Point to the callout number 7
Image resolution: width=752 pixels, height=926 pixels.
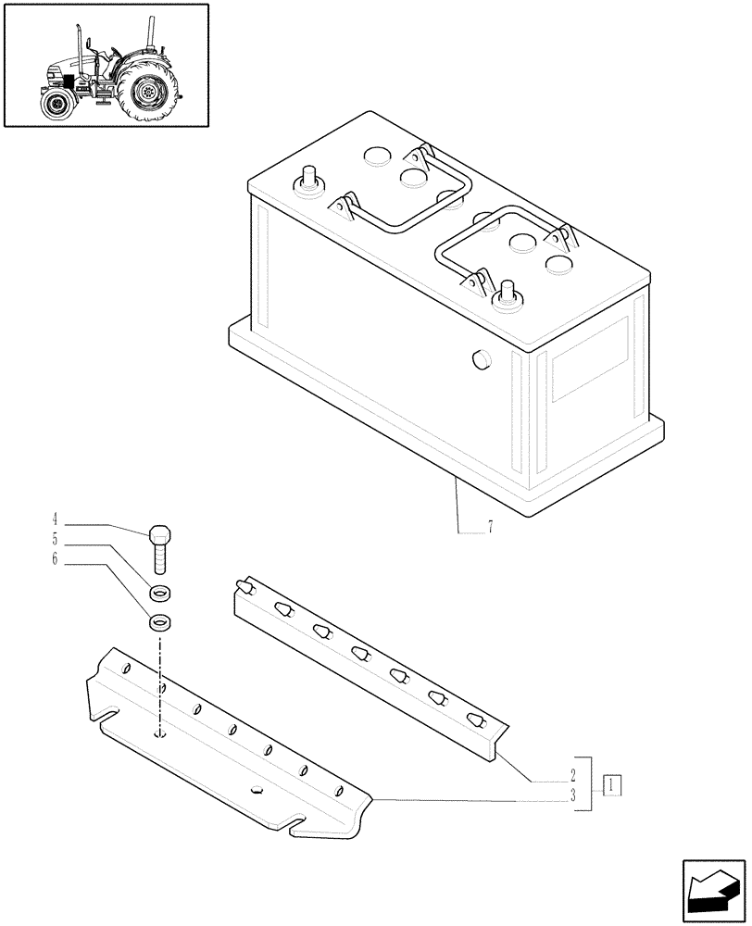click(490, 529)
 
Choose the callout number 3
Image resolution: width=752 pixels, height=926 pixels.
click(573, 795)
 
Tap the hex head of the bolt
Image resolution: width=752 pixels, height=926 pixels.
click(159, 535)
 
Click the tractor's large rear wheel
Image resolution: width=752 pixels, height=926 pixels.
click(147, 92)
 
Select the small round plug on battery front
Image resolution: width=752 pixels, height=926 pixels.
click(480, 360)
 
